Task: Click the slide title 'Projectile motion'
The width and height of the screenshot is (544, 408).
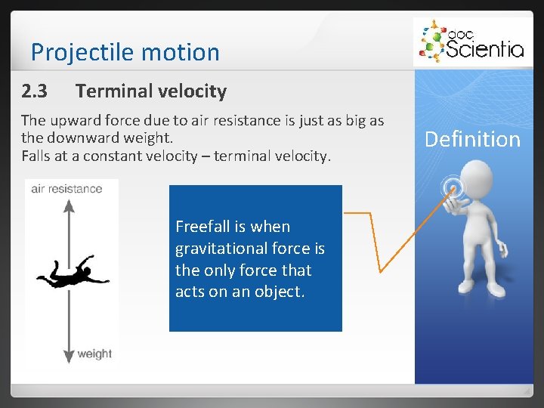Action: (x=125, y=52)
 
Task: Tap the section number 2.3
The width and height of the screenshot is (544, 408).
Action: (x=35, y=91)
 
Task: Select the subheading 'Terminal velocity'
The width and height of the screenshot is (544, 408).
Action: (x=151, y=91)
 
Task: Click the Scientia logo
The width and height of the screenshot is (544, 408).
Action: (x=470, y=42)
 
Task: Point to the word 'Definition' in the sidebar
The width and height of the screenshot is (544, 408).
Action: (x=472, y=139)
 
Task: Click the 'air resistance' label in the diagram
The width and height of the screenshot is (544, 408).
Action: (x=66, y=189)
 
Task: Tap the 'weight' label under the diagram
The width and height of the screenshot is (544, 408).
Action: (x=94, y=354)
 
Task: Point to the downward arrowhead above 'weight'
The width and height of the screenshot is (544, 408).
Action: (x=70, y=352)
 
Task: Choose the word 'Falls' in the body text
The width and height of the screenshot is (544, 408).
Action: (x=36, y=156)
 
